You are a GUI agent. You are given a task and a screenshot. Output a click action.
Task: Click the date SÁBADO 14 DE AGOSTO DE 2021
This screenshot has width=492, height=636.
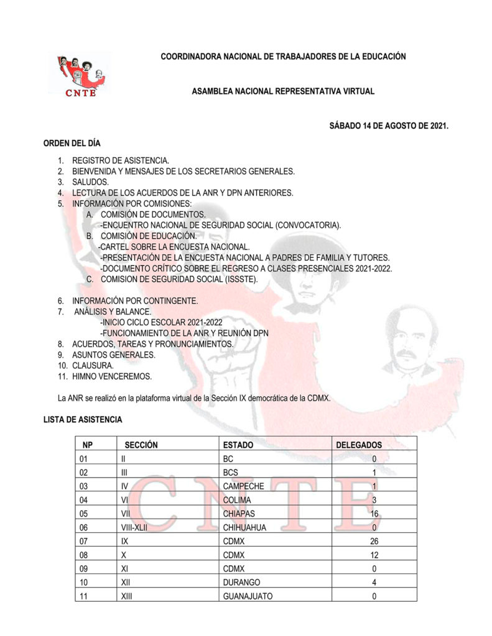[389, 126]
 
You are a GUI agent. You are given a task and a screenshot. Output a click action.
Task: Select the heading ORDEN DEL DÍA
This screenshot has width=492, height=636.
[72, 143]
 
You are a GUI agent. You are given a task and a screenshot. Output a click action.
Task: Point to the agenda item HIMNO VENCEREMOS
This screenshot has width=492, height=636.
[111, 377]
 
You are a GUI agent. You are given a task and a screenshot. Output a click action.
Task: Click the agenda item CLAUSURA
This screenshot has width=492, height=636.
[93, 366]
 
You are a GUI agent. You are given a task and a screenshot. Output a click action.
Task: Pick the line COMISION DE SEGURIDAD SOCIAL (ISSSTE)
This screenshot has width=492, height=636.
[179, 279]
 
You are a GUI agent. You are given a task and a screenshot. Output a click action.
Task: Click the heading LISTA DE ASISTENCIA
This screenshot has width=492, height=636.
[83, 420]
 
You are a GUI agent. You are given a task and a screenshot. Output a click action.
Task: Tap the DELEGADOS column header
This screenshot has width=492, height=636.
[359, 445]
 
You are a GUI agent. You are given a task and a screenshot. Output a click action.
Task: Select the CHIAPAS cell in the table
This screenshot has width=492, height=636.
[239, 514]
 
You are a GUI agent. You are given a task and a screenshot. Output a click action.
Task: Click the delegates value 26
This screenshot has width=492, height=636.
[374, 541]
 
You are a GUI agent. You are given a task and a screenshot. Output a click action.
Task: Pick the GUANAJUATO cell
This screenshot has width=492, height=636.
[248, 596]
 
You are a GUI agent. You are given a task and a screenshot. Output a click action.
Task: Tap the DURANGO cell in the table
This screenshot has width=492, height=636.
[241, 583]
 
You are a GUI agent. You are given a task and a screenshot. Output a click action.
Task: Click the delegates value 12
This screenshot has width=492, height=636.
[374, 555]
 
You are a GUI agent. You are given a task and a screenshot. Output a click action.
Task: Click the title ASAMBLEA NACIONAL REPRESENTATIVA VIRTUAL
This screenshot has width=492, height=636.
[283, 91]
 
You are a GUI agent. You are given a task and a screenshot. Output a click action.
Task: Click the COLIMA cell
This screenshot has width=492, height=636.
[237, 500]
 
